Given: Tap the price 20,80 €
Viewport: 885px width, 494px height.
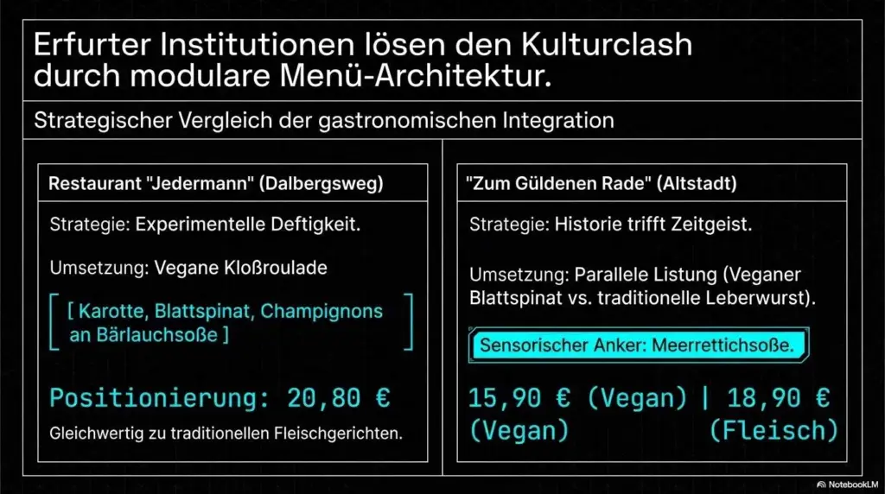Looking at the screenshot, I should (332, 398).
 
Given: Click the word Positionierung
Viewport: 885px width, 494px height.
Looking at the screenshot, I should (150, 398).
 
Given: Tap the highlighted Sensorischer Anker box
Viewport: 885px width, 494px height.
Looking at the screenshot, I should (638, 345).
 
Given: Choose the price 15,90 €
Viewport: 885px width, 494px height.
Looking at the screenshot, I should (518, 398).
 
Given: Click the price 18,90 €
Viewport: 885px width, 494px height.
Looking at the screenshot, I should (779, 398).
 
